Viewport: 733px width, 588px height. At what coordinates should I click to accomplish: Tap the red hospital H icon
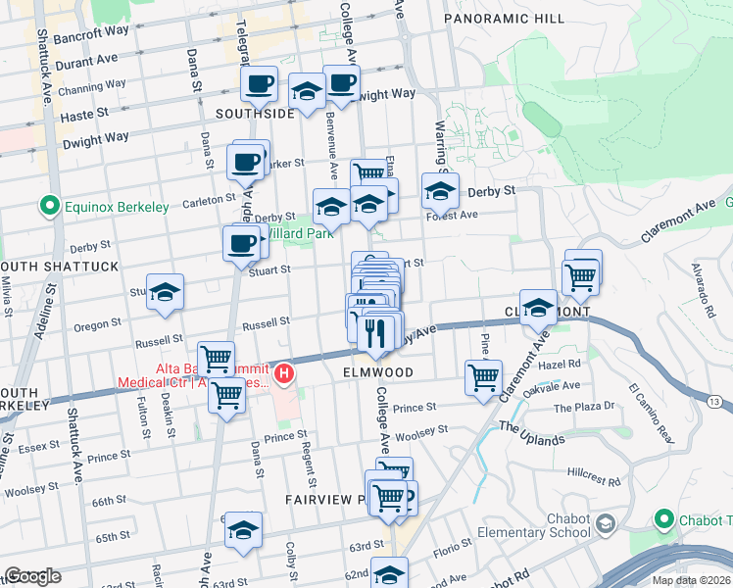(284, 373)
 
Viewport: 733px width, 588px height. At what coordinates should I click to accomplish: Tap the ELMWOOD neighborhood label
(372, 373)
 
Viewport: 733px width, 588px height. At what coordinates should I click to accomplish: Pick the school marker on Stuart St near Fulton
(166, 291)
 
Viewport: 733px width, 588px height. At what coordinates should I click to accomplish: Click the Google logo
(32, 576)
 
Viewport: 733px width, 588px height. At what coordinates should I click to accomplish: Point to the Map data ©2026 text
(691, 580)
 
